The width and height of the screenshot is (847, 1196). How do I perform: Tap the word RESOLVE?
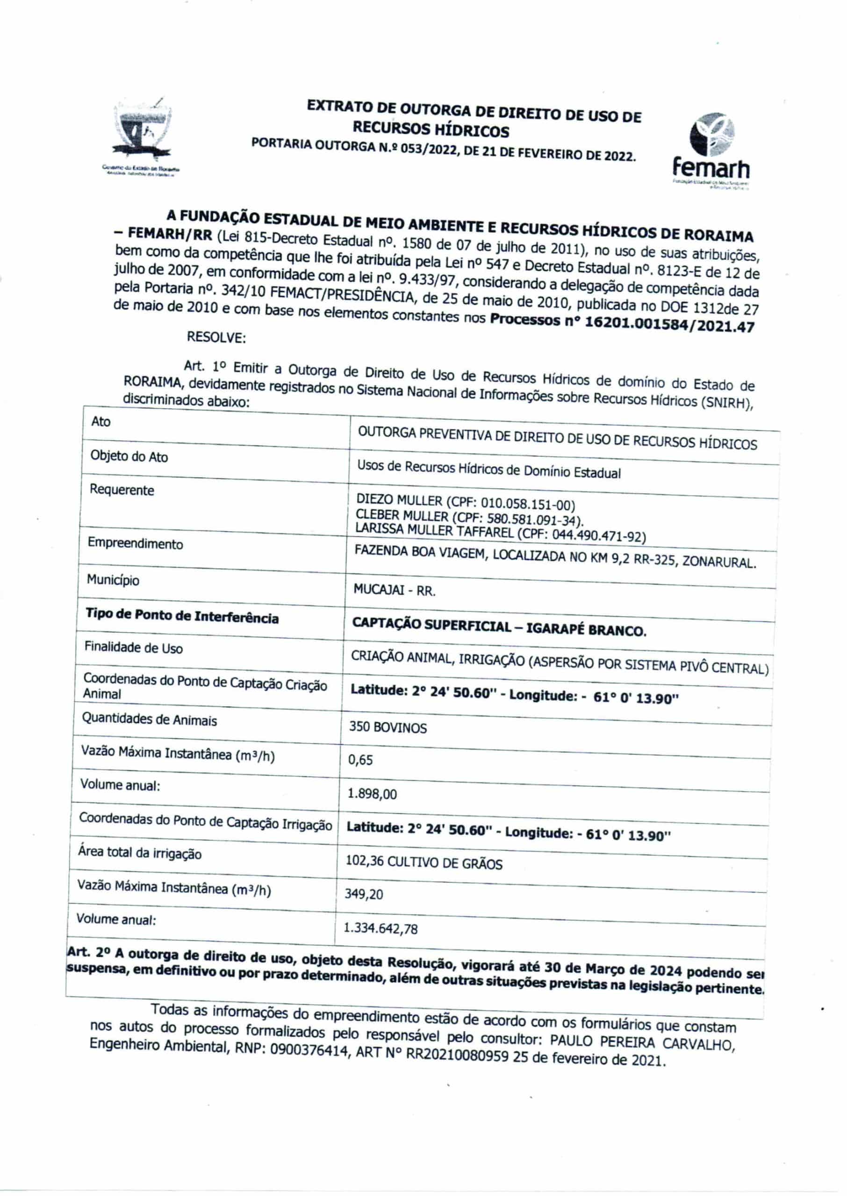tap(216, 337)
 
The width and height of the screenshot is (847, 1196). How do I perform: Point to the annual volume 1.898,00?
tap(372, 794)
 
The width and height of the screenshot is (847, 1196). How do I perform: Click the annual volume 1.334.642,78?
tap(381, 929)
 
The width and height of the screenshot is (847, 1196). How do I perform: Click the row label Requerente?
tap(122, 490)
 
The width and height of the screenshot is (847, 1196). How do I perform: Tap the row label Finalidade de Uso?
tap(134, 648)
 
